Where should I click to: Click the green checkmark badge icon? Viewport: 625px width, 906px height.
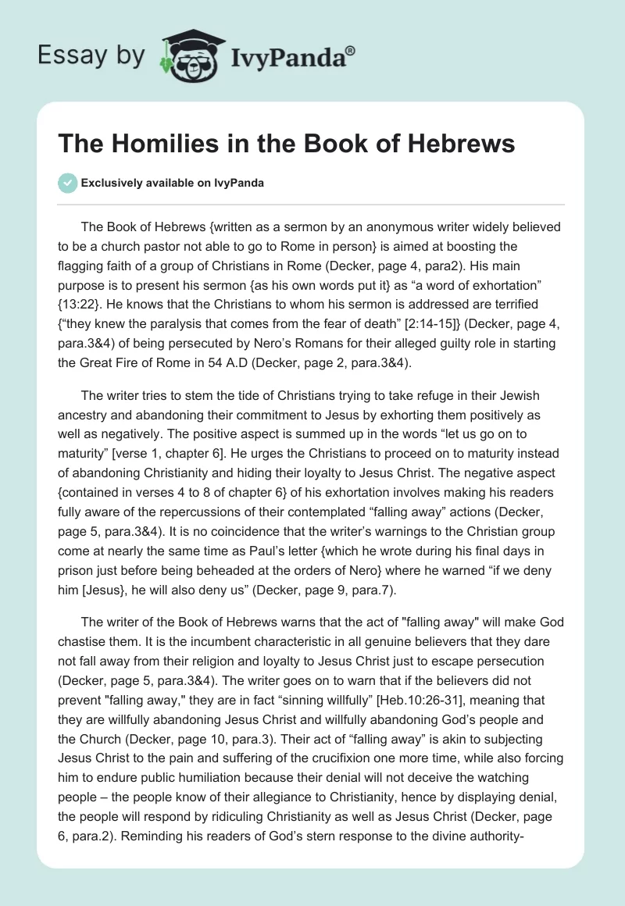[x=67, y=183]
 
